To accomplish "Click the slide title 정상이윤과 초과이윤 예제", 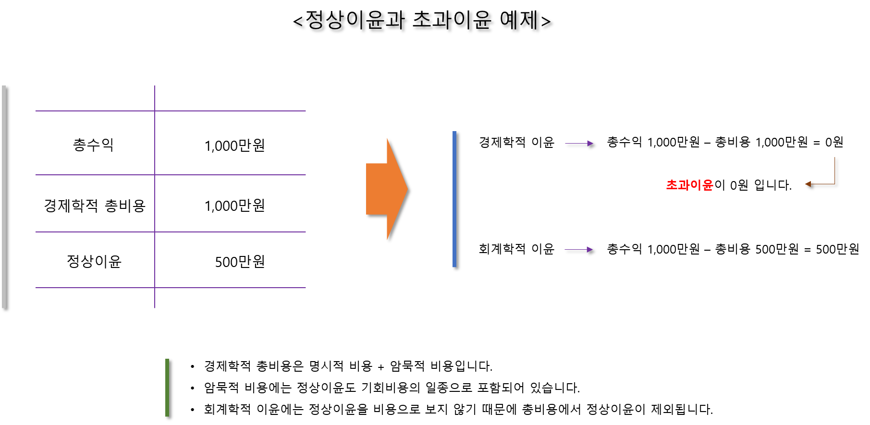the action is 422,20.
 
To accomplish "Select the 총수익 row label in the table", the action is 93,145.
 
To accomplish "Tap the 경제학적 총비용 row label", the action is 95,206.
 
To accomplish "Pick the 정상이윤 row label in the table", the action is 94,261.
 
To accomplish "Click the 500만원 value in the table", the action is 240,262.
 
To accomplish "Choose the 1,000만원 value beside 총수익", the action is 234,145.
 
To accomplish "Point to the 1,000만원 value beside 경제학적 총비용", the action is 234,206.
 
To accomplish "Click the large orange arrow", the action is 387,189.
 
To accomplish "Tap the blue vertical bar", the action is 454,199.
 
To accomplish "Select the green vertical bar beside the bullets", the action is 167,388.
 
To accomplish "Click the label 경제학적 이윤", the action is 516,142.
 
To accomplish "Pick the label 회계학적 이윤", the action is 516,249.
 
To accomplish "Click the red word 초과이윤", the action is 689,185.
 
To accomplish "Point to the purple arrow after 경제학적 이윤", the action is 579,143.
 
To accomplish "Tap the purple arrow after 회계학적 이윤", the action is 579,250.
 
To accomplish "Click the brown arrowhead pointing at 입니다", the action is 808,184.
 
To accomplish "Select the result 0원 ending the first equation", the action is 834,142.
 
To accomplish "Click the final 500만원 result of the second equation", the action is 837,249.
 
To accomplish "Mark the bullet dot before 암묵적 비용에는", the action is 192,388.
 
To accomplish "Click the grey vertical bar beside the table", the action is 4,197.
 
